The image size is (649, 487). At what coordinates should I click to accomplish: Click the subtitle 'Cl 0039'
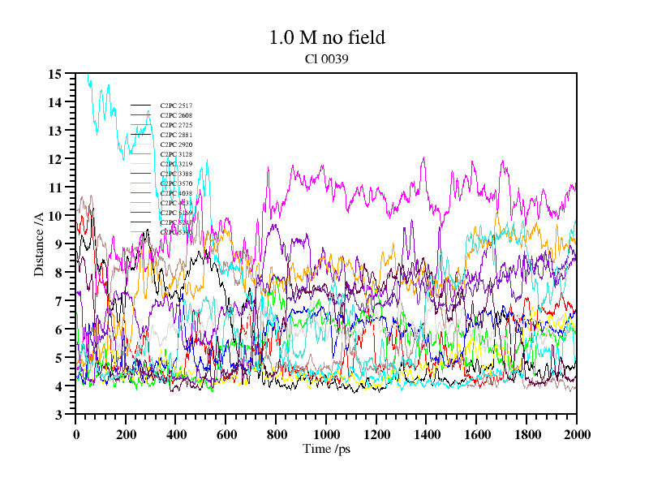tap(326, 58)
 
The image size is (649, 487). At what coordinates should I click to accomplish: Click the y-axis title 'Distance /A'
tap(39, 244)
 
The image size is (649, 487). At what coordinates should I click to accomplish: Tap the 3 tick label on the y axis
tap(58, 415)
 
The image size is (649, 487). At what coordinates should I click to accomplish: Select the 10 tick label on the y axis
tap(55, 216)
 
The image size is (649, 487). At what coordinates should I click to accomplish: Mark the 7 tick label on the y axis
tap(58, 301)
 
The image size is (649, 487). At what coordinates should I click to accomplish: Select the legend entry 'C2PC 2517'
tap(176, 106)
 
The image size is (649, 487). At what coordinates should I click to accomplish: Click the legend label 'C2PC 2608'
tap(176, 115)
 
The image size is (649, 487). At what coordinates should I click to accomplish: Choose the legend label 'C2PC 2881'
tap(176, 135)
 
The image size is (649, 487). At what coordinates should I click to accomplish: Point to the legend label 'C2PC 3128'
tap(176, 154)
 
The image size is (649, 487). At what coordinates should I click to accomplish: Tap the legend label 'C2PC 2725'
tap(176, 125)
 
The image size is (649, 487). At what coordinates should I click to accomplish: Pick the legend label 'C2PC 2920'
tap(176, 144)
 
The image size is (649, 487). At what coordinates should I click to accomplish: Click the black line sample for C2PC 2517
tap(141, 106)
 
